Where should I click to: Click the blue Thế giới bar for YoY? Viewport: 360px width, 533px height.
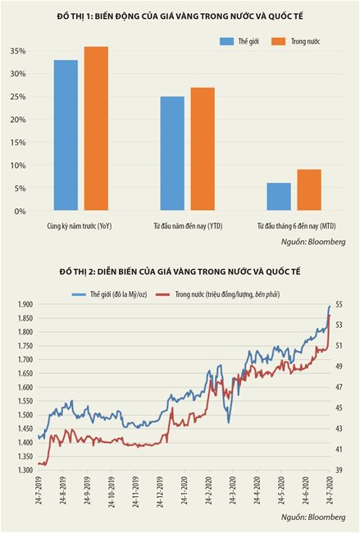click(66, 135)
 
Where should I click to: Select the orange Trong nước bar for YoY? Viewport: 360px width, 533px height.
click(96, 128)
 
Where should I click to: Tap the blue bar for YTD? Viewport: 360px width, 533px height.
click(172, 153)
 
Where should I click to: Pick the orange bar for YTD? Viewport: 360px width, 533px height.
click(203, 149)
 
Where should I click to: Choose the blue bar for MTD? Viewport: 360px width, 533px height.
click(279, 197)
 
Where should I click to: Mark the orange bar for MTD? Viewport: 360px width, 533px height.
click(309, 189)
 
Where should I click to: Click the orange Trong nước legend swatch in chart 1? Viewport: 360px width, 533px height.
click(279, 42)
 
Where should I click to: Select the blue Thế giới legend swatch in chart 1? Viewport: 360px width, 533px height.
click(226, 42)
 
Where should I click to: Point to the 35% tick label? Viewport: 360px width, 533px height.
click(18, 51)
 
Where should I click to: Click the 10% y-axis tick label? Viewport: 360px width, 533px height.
click(18, 166)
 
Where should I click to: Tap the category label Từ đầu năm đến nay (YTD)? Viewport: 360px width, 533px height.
click(188, 226)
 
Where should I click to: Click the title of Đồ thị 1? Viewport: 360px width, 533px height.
click(180, 16)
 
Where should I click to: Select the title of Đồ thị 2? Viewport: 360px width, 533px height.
click(180, 271)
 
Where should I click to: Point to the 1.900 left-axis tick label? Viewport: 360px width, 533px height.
click(25, 304)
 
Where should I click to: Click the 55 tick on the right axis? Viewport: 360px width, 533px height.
click(339, 304)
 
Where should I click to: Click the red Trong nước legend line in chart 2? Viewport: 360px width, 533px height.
click(162, 294)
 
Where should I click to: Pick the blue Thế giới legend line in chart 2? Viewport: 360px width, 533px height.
click(79, 294)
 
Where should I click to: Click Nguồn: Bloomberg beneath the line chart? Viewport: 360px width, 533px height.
click(313, 517)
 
